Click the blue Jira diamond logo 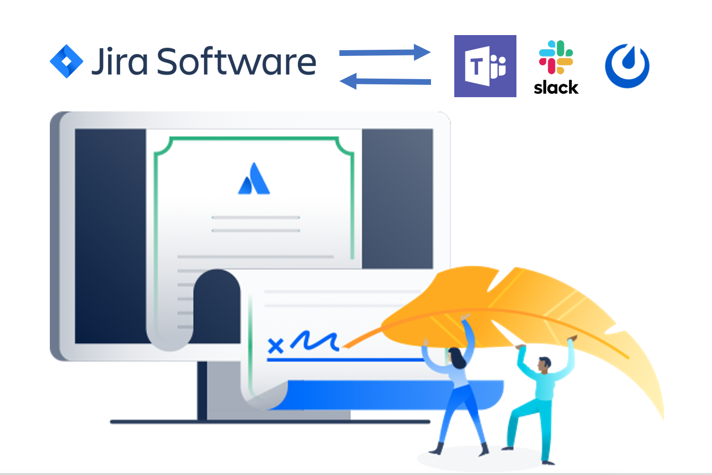point(66,61)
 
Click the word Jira point(119,62)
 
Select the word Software point(236,62)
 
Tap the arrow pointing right point(384,52)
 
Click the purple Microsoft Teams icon point(485,66)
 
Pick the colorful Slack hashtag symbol point(556,57)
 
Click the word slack point(556,88)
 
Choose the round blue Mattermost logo point(627,66)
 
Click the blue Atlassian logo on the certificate point(254,180)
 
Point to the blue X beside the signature point(275,346)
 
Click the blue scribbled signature point(314,340)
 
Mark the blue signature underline point(344,360)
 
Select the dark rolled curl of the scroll point(216,303)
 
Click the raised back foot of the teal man point(508,447)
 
